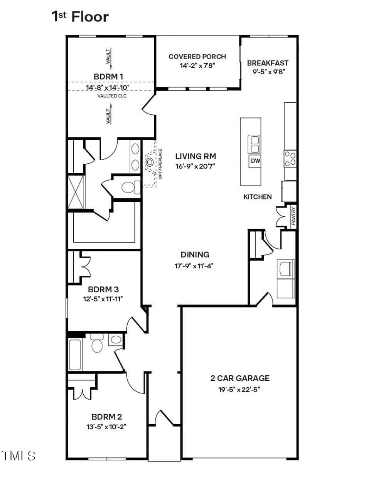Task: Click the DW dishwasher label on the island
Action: (255, 161)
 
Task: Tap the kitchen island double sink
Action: (254, 144)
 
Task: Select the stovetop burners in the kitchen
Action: (290, 159)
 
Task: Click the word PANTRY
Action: (293, 216)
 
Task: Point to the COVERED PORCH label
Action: (197, 57)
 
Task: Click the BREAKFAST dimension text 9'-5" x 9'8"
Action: (268, 72)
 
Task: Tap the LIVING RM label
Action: (196, 156)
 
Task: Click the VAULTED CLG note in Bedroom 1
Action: (112, 96)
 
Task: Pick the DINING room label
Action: (195, 254)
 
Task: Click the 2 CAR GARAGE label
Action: (240, 378)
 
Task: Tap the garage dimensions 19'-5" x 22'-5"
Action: (239, 390)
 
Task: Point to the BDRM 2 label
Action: (106, 417)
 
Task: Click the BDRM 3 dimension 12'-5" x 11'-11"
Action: (103, 299)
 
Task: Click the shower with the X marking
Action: (76, 192)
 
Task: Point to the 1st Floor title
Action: (80, 17)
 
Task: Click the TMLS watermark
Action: (18, 455)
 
